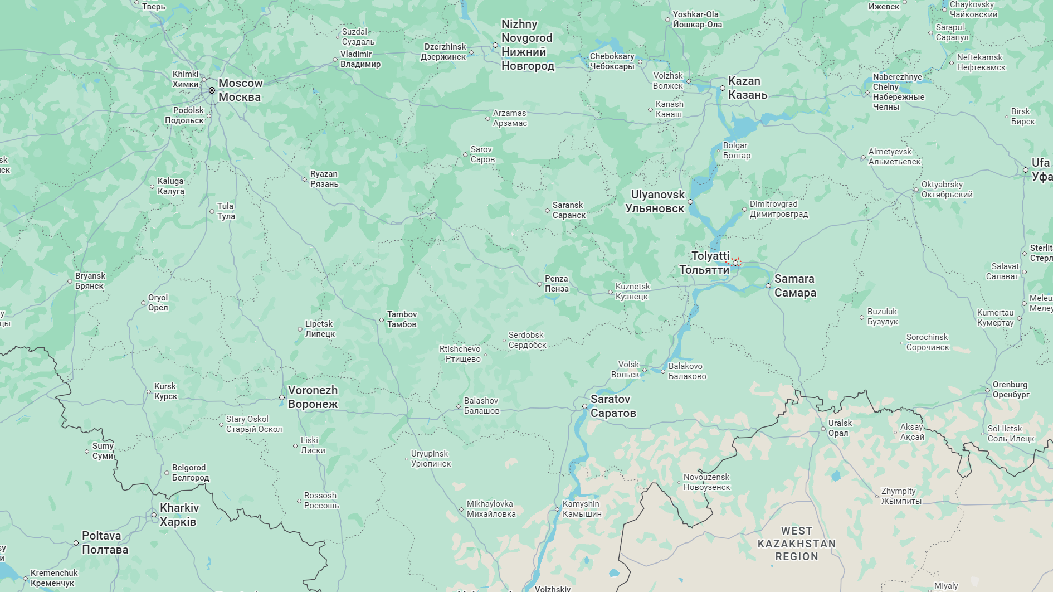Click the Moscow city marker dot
click(212, 90)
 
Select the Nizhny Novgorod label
click(527, 45)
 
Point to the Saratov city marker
click(584, 406)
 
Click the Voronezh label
click(313, 397)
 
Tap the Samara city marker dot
click(768, 285)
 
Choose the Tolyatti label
click(705, 263)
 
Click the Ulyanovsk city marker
click(690, 202)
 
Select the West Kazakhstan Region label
click(796, 544)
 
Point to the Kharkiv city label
click(179, 515)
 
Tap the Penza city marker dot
click(539, 284)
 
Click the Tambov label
click(402, 319)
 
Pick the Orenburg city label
click(1011, 390)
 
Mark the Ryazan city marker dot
click(305, 179)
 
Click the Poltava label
click(105, 542)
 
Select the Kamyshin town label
click(581, 509)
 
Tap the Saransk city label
click(568, 210)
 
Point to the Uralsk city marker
click(823, 429)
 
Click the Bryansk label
click(90, 281)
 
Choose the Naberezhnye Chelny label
click(898, 91)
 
